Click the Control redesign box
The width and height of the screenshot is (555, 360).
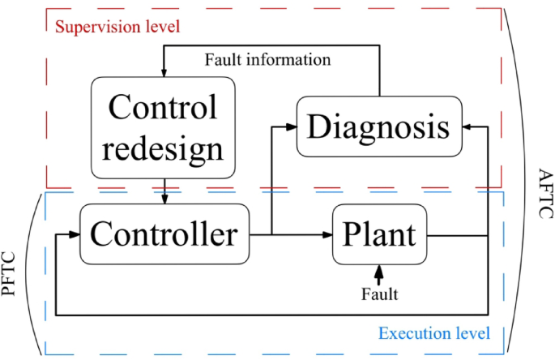pyautogui.click(x=164, y=127)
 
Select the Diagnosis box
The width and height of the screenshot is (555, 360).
pyautogui.click(x=380, y=126)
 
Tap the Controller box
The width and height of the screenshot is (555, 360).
pyautogui.click(x=164, y=234)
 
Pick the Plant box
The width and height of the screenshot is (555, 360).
pyautogui.click(x=380, y=234)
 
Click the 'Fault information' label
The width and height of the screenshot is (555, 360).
pyautogui.click(x=267, y=60)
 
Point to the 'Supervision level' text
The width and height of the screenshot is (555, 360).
pyautogui.click(x=117, y=26)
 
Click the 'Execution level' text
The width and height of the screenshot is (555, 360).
pyautogui.click(x=434, y=333)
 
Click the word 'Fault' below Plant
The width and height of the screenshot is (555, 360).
pyautogui.click(x=379, y=294)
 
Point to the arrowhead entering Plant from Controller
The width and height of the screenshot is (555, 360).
pyautogui.click(x=328, y=235)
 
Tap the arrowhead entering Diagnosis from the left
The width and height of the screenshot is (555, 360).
pyautogui.click(x=292, y=126)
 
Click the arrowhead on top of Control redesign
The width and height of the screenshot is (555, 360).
pyautogui.click(x=164, y=70)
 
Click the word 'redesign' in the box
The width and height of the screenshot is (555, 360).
pyautogui.click(x=164, y=148)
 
